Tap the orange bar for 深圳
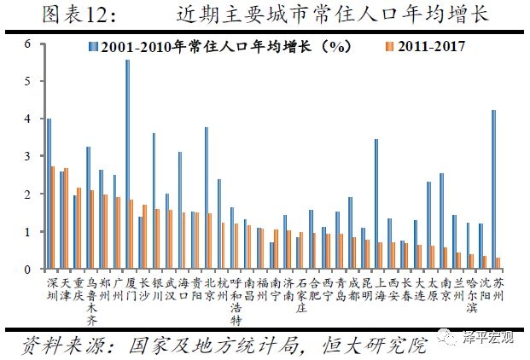click(53, 218)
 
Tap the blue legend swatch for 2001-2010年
click(90, 46)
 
